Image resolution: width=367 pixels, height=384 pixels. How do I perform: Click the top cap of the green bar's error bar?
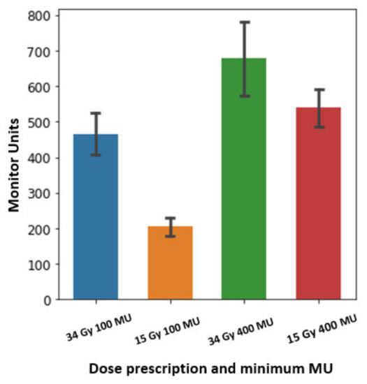point(244,22)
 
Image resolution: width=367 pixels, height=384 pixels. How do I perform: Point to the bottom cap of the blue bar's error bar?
point(95,154)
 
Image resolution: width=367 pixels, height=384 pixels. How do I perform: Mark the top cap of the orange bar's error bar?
point(170,218)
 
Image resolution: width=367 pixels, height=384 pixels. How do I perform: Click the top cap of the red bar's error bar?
point(318,89)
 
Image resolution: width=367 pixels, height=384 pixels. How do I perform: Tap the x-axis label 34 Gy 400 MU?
point(243,327)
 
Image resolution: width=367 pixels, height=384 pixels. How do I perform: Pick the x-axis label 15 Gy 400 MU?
point(315,328)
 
